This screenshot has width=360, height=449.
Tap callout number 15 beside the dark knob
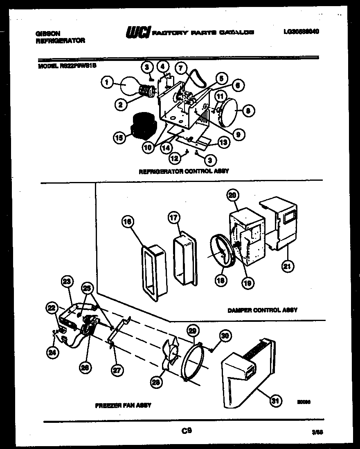[x=119, y=138]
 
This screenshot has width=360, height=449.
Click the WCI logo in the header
[x=138, y=32]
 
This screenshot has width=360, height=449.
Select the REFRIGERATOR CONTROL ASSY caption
[x=184, y=171]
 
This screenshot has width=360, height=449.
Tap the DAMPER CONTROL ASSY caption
[x=262, y=310]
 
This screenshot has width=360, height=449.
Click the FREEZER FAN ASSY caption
[x=123, y=405]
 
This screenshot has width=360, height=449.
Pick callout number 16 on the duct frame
[x=128, y=222]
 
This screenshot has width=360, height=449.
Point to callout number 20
[x=232, y=196]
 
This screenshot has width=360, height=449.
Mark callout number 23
[x=67, y=281]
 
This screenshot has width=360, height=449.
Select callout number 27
[x=117, y=370]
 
